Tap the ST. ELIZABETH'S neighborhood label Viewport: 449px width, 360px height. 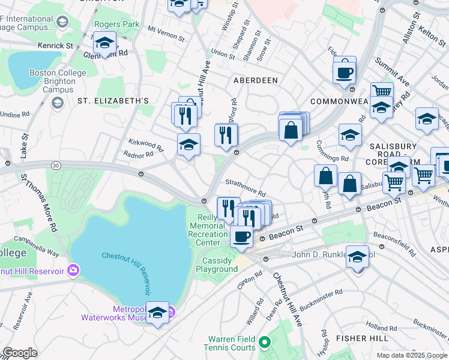(x=112, y=101)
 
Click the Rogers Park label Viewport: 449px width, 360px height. (x=116, y=25)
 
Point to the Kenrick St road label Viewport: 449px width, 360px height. (x=55, y=45)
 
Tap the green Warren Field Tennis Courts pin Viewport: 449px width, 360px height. (x=265, y=343)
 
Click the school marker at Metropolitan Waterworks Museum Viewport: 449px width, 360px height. (x=157, y=313)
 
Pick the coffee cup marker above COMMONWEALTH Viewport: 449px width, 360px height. (x=345, y=72)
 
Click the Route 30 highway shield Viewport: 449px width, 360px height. (x=56, y=165)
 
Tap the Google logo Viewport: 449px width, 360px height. (x=20, y=353)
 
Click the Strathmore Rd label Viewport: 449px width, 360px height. (x=245, y=187)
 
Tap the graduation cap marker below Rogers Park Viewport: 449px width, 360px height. (x=105, y=44)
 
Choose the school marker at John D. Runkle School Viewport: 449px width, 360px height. (x=358, y=258)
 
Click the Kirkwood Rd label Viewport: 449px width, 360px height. (x=146, y=145)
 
